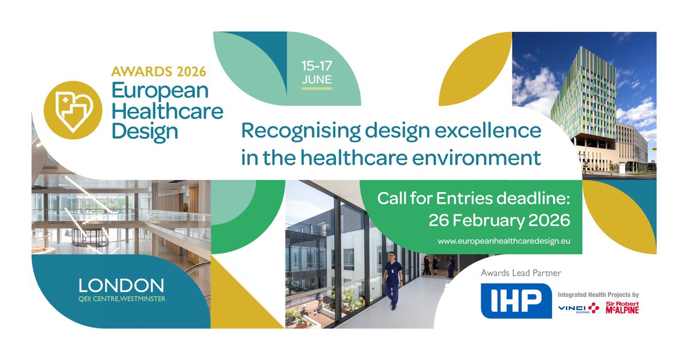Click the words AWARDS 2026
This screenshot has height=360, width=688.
click(158, 72)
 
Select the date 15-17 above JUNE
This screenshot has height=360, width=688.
click(316, 65)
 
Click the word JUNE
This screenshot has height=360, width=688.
click(316, 80)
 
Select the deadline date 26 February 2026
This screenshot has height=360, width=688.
click(499, 220)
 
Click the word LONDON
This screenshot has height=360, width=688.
click(121, 285)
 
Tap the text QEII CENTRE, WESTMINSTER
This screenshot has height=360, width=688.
click(121, 298)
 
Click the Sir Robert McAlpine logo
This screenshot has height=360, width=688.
click(622, 308)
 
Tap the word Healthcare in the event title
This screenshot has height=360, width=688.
click(167, 111)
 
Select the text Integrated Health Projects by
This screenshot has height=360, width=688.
click(598, 295)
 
